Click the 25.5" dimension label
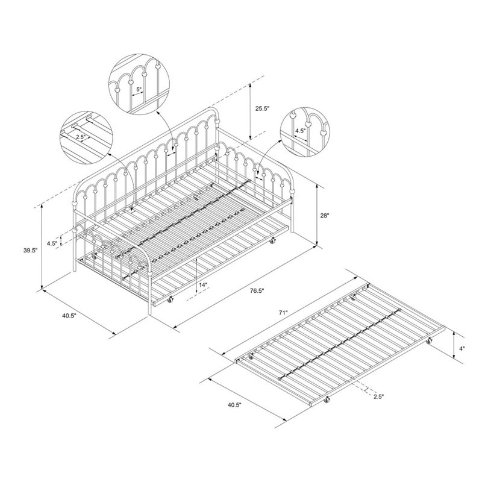coord(262,108)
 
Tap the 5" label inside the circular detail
coord(139,89)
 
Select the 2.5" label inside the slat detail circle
coord(81,137)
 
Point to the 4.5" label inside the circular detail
coord(300,130)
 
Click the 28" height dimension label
coord(325,216)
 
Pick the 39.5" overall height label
coord(31,250)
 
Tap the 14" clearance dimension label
coord(203,284)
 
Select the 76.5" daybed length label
coord(257,290)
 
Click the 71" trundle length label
coord(283,313)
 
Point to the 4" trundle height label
coord(462,348)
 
